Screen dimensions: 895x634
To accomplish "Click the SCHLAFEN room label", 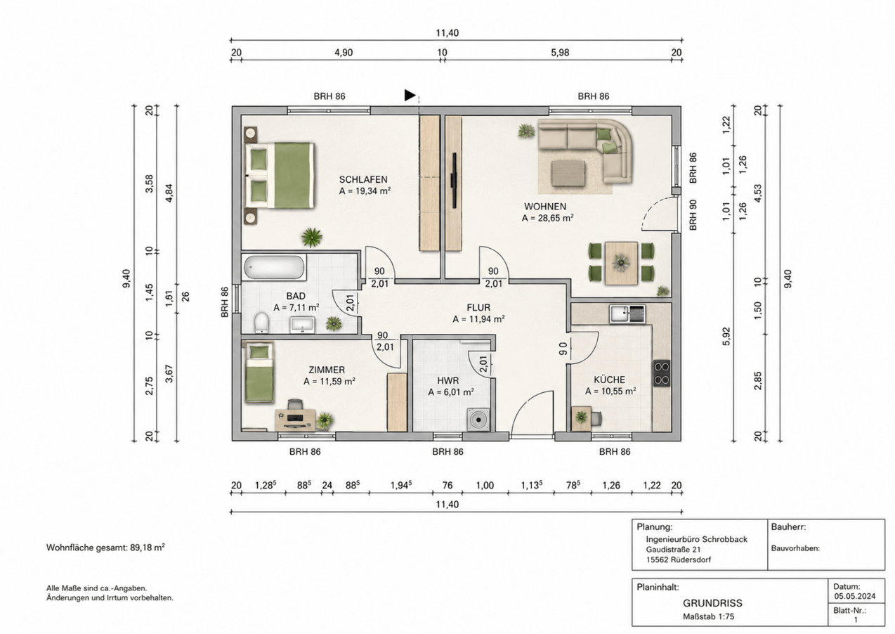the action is [363, 179].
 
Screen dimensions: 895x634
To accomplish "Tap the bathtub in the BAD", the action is [274, 267].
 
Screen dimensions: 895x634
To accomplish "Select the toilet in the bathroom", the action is [262, 322].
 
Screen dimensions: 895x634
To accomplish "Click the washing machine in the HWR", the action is [478, 420].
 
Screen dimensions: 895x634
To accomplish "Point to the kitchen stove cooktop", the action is [662, 373].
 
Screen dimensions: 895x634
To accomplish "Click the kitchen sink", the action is [627, 313].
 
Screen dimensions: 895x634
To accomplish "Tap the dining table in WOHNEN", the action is [621, 263].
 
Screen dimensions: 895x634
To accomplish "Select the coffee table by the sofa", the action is [569, 173].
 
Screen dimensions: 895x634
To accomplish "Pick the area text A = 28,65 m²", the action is [547, 219].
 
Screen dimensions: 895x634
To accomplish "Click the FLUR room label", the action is [478, 308].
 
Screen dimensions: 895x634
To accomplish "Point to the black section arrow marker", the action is [410, 95].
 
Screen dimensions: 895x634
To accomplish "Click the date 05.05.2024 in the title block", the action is [855, 596].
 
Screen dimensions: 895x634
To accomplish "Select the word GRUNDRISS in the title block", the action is [712, 603].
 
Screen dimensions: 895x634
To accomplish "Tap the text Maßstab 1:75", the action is [708, 616].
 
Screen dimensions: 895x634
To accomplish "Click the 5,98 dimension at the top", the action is [560, 53].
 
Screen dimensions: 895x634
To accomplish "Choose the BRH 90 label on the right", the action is [693, 215].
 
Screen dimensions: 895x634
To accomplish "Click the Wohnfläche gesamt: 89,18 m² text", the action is [105, 548].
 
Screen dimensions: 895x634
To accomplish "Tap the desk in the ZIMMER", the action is [295, 419].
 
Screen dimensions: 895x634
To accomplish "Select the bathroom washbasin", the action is [303, 325].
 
